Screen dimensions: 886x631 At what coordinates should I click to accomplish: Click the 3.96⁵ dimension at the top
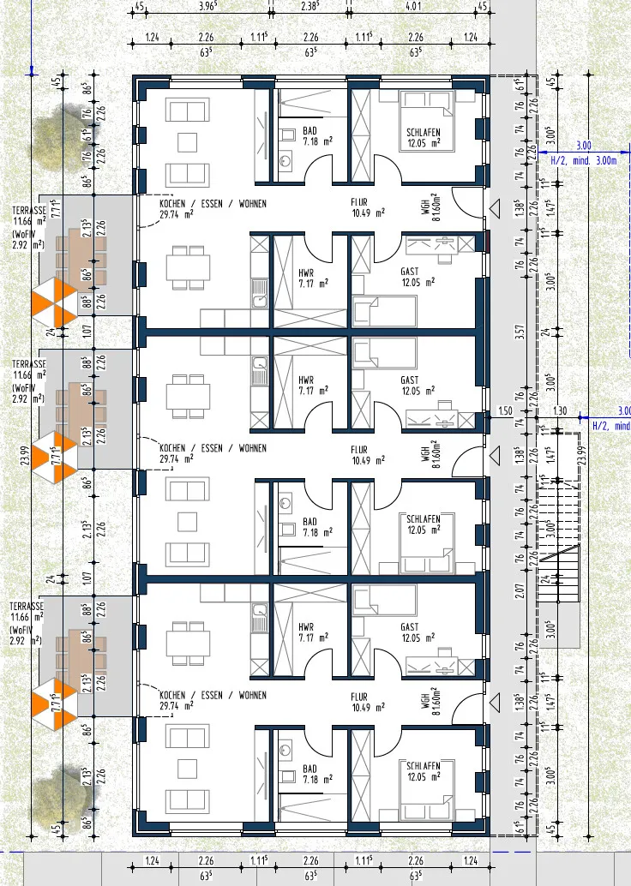(206, 7)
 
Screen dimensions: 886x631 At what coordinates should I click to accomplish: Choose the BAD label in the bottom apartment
(309, 769)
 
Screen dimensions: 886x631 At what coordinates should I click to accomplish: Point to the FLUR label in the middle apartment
(358, 448)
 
